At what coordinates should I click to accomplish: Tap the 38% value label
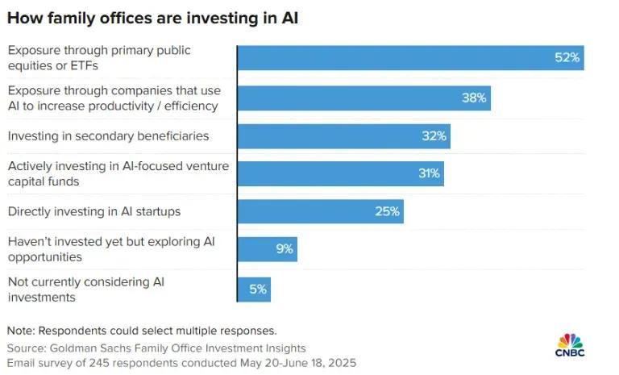474,98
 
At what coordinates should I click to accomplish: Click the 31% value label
428,173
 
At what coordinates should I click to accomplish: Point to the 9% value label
285,249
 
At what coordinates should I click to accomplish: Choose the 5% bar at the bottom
254,288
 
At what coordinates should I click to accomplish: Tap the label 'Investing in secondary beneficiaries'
108,135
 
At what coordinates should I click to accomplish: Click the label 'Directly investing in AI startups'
94,211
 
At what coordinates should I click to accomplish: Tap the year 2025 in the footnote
341,363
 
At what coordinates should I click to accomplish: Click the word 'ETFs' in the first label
73,64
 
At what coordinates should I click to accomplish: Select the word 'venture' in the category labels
207,166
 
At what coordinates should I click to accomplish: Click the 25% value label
387,211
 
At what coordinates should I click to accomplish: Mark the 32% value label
434,136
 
